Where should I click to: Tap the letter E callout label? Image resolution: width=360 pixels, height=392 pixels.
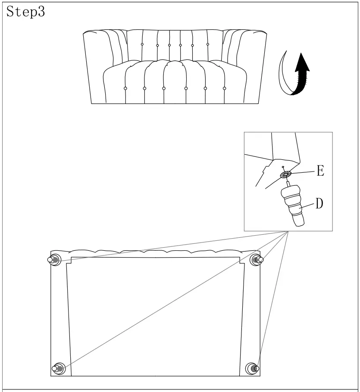tap(320, 171)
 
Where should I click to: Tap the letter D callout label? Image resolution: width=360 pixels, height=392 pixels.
tap(319, 204)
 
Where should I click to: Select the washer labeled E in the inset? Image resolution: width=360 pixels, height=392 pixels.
tap(285, 175)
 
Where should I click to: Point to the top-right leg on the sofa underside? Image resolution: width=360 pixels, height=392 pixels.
tap(257, 259)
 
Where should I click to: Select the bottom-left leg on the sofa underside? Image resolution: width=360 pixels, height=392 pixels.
tap(58, 368)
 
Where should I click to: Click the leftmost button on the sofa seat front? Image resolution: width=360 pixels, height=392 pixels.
tap(125, 88)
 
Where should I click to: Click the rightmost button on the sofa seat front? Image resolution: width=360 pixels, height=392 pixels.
tap(225, 88)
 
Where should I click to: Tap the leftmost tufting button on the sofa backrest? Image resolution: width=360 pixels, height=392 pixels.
tap(142, 44)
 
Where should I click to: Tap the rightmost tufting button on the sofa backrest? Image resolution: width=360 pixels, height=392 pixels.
tap(208, 44)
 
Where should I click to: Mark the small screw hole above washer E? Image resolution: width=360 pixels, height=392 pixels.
tap(282, 167)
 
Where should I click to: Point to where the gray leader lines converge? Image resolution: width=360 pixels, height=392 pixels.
tap(288, 232)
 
